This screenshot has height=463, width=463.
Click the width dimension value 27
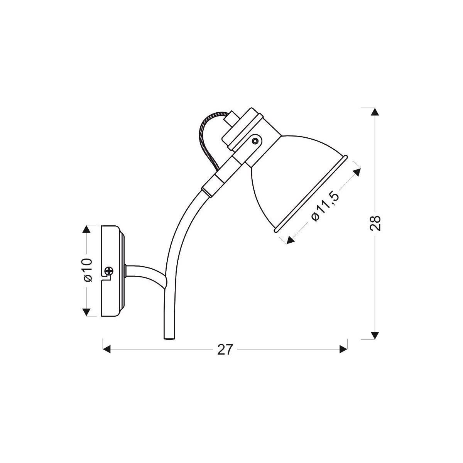[225, 350]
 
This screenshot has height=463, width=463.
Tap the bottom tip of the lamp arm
[170, 338]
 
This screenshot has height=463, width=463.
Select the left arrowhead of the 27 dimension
[106, 350]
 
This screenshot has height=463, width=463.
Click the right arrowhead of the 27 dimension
[343, 350]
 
